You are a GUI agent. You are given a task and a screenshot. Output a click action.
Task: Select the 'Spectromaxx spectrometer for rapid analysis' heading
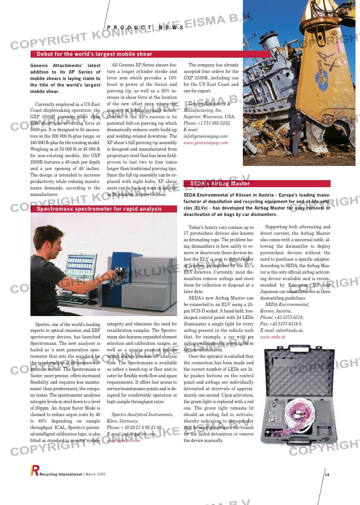(x=99, y=209)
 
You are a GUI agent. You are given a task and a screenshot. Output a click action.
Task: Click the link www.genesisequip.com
(x=205, y=143)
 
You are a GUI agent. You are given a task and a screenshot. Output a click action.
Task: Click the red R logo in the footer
(x=34, y=470)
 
